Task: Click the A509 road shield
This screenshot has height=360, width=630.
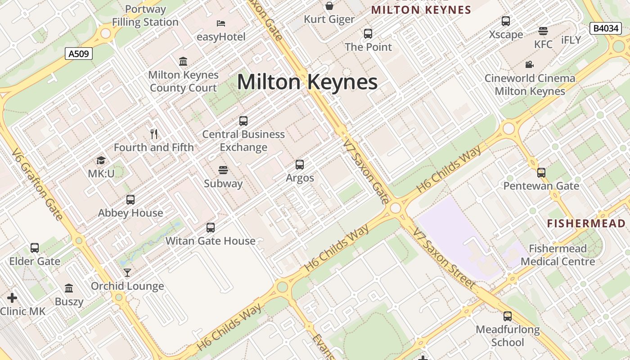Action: point(79,54)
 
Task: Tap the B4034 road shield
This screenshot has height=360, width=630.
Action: point(605,28)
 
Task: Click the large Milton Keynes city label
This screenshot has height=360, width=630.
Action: point(307,82)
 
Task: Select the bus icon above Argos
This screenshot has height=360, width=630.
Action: point(300,165)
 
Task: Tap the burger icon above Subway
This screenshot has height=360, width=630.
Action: point(223,170)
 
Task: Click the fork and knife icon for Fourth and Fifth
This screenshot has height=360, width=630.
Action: point(154,134)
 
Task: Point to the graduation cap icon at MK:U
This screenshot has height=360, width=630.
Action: point(101,160)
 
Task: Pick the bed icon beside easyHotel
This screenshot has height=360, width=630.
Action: point(221,23)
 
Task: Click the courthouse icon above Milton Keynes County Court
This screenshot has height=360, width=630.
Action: point(183,61)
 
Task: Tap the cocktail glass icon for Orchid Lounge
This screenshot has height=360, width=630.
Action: point(127,272)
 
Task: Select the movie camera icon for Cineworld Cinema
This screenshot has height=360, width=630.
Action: point(530,64)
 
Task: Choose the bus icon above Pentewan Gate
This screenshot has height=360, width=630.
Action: point(541,172)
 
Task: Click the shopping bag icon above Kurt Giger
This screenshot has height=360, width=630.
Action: point(329,6)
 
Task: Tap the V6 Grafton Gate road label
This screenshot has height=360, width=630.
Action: point(37,184)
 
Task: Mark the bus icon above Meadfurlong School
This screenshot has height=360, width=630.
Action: point(508,316)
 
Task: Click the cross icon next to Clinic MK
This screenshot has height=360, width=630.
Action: point(12,297)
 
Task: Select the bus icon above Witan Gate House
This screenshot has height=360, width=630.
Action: point(211,228)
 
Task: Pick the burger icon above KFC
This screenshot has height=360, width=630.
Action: point(543,31)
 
